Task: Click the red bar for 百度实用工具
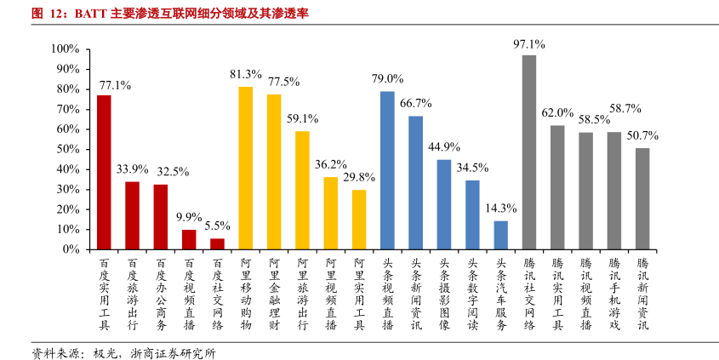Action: pos(104,172)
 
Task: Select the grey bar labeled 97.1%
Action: pos(529,152)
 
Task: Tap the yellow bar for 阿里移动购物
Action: pos(246,168)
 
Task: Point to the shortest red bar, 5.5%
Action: pos(217,244)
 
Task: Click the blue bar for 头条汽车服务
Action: pos(501,235)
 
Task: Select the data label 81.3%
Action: pos(246,74)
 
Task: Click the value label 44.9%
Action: pos(444,146)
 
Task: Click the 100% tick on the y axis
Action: pos(66,49)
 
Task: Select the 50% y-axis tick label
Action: pos(68,149)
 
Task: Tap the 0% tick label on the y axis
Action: pos(71,249)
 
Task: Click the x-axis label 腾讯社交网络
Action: pos(529,294)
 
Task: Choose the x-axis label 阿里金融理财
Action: pos(274,294)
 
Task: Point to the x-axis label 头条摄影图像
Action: pos(444,294)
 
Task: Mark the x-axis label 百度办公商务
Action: pos(161,294)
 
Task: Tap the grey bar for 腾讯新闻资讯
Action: pos(642,198)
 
